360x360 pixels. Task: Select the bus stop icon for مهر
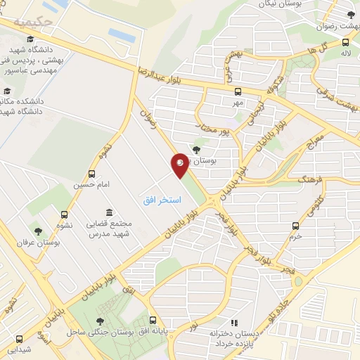click(x=238, y=91)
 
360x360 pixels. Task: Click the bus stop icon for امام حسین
click(x=92, y=174)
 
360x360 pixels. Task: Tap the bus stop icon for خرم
click(x=296, y=226)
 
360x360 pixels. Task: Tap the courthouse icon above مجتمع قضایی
click(x=109, y=212)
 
